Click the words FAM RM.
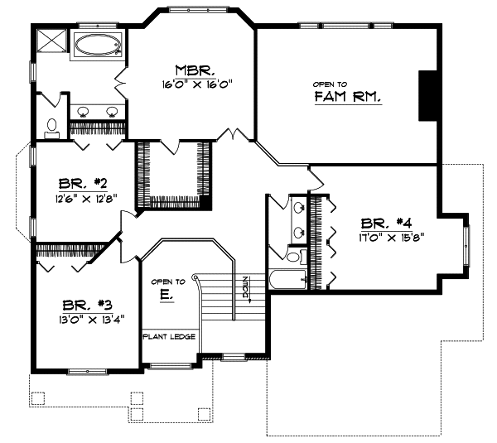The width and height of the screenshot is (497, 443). click(x=347, y=98)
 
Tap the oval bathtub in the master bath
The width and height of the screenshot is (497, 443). click(x=98, y=46)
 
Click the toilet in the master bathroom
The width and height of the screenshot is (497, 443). click(x=51, y=127)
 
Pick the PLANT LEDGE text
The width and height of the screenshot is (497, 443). click(x=168, y=337)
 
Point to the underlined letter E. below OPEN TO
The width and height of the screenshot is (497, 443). click(x=166, y=295)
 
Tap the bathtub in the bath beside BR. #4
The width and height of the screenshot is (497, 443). click(x=287, y=280)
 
